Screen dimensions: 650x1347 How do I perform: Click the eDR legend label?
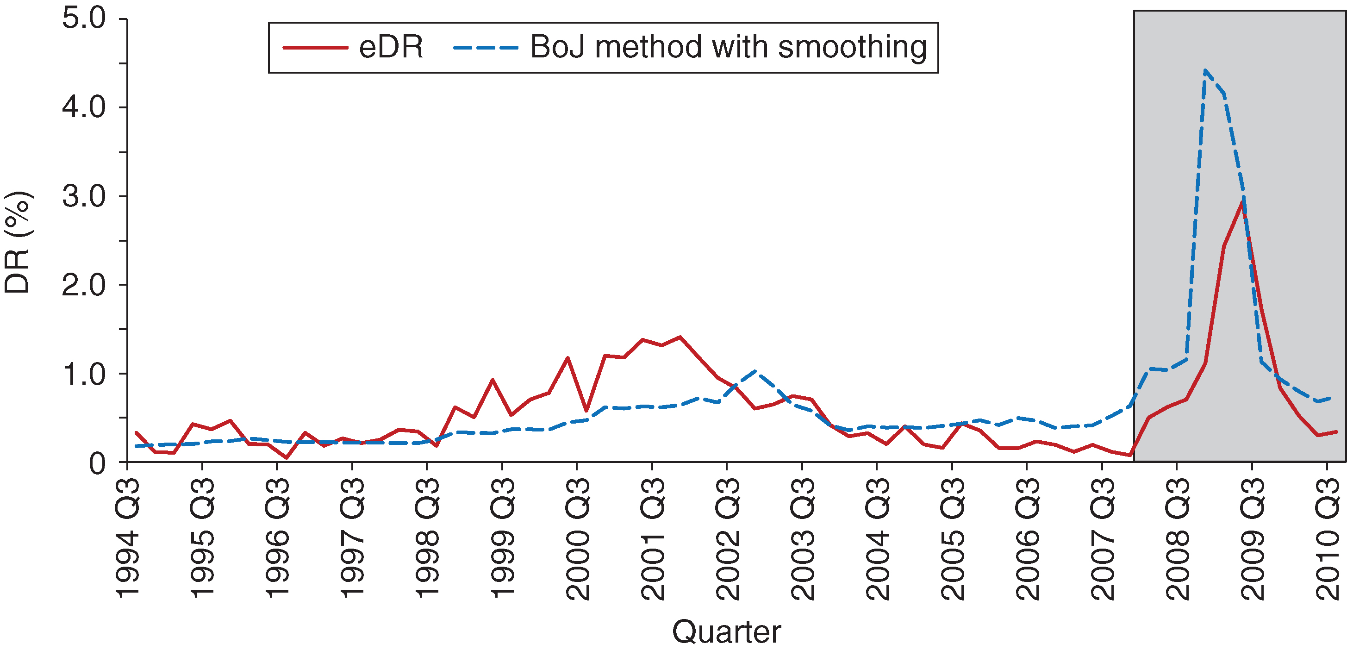coord(391,48)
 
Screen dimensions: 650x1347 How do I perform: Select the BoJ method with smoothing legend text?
coord(729,48)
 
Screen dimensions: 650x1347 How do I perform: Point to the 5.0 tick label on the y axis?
coord(84,19)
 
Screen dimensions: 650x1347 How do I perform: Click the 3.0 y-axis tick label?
coord(84,196)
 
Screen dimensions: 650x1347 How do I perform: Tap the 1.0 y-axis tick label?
coord(84,374)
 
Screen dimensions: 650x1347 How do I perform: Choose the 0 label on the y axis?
coord(97,463)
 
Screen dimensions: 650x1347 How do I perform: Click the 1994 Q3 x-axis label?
coord(127,538)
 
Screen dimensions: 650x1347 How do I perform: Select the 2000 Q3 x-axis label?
coord(577,538)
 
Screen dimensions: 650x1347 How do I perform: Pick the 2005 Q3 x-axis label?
coord(952,538)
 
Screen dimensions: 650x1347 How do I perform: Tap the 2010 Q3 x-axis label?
coord(1327,538)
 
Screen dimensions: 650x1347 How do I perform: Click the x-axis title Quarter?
coord(726,631)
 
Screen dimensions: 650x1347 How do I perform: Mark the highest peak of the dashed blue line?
coord(1205,70)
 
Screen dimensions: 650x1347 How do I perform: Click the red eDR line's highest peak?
coord(1242,201)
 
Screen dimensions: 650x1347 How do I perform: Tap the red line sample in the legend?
coord(315,48)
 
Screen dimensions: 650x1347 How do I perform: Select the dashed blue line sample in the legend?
coord(486,48)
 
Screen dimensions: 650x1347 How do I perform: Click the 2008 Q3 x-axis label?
coord(1177,538)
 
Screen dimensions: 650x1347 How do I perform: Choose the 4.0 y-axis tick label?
coord(84,107)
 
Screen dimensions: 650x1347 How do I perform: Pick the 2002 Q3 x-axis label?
coord(727,538)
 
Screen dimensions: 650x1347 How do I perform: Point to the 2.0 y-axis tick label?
coord(84,285)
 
